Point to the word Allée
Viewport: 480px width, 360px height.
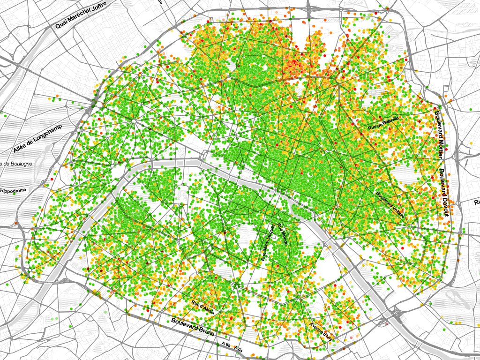click(22, 148)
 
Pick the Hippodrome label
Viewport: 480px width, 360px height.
click(14, 191)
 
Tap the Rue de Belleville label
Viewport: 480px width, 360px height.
click(383, 123)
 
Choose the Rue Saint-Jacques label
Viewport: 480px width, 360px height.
click(268, 242)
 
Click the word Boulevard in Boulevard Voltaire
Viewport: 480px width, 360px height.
click(382, 197)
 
